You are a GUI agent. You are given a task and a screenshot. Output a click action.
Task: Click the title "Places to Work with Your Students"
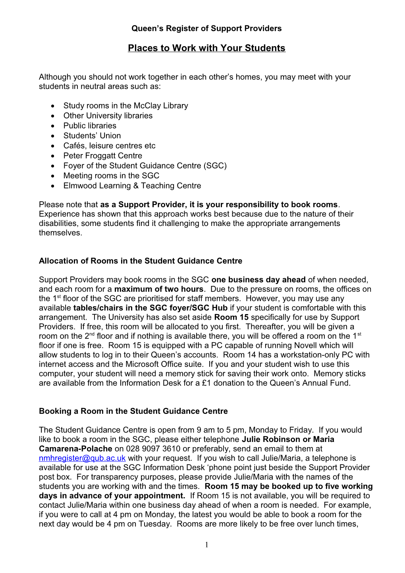click(x=206, y=48)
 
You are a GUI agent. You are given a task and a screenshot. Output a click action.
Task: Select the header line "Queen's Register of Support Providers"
click(x=206, y=29)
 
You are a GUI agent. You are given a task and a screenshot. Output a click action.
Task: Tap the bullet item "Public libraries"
click(x=90, y=125)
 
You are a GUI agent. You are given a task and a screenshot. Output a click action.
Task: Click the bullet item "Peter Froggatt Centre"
click(x=102, y=156)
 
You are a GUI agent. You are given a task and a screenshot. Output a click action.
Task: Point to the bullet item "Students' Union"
click(x=92, y=135)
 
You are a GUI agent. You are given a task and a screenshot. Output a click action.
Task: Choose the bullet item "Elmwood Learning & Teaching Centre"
click(x=132, y=185)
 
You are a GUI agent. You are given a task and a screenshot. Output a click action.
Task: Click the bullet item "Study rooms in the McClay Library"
click(x=125, y=106)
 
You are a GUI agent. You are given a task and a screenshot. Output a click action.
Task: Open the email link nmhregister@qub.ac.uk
click(x=82, y=458)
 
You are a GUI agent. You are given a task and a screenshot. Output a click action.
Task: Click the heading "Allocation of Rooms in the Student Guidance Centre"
click(x=141, y=261)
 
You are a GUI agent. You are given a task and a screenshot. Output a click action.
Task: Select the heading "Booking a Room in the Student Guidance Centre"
click(x=133, y=411)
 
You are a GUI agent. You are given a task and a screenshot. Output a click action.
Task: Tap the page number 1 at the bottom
click(x=206, y=545)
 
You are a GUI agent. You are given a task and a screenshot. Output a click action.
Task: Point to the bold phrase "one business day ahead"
click(x=258, y=280)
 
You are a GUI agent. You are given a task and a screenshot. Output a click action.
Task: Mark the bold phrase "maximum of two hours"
click(x=159, y=289)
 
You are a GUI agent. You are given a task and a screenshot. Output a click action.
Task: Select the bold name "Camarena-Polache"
click(x=75, y=449)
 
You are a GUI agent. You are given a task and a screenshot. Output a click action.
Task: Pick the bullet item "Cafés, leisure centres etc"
click(x=109, y=146)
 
